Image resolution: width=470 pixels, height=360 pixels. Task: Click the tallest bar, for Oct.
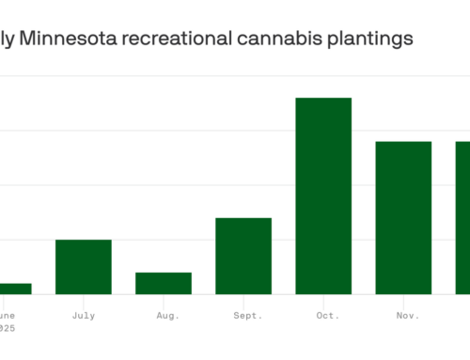pos(323,196)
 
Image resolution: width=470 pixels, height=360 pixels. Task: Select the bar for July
pos(83,267)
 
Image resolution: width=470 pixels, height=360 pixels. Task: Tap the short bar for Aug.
pos(164,283)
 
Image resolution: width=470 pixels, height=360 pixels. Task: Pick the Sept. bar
pos(243,256)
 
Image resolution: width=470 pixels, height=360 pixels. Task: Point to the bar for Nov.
pos(403,217)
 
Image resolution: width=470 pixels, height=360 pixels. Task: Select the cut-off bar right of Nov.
pos(462,217)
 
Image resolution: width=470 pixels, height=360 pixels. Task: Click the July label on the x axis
pos(83,317)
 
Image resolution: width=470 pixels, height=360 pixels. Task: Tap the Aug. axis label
pos(164,317)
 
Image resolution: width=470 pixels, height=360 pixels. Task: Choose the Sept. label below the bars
pos(243,317)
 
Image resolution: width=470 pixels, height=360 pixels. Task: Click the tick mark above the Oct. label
pos(323,299)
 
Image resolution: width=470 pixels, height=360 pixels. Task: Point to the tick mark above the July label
pos(83,299)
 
